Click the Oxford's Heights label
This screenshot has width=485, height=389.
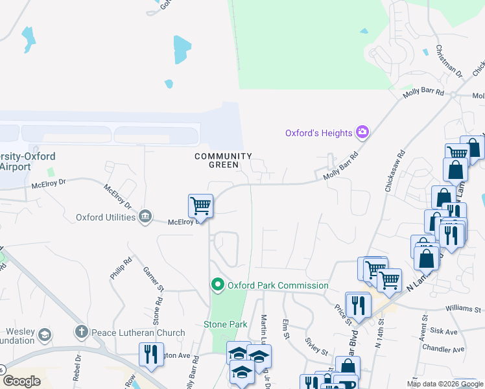[x=319, y=133]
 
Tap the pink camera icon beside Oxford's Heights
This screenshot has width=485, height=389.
[x=362, y=133]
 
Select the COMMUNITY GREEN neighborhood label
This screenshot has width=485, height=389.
[x=223, y=160]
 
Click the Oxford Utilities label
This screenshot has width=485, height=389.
[x=106, y=217]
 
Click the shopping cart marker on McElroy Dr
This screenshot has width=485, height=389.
[x=201, y=207]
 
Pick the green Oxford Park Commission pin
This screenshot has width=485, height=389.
[x=217, y=285]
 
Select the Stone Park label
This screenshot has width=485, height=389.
[x=226, y=324]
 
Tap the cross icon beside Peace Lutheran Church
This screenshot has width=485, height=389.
[x=82, y=333]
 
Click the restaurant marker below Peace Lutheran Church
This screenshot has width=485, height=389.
[x=151, y=355]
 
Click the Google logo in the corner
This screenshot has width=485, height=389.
[x=21, y=381]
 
